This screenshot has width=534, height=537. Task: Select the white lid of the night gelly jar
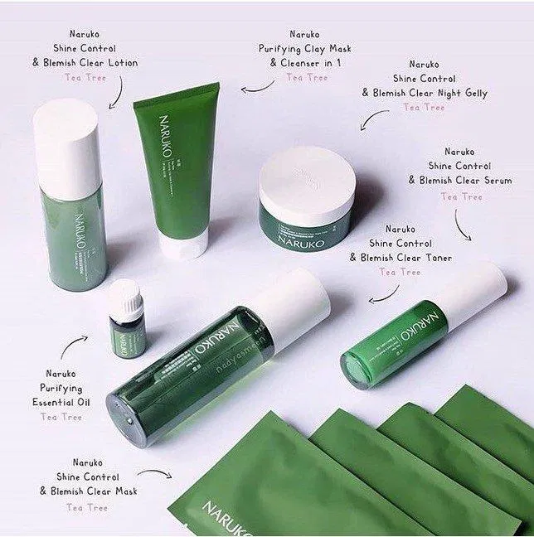click(304, 184)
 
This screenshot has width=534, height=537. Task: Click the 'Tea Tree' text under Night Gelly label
click(424, 107)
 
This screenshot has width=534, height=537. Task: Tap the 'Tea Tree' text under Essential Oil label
click(62, 417)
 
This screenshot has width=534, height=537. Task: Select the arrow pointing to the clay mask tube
click(258, 85)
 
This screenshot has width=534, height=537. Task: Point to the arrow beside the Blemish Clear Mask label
click(155, 474)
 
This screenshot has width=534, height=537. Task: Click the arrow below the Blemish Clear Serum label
click(463, 225)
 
